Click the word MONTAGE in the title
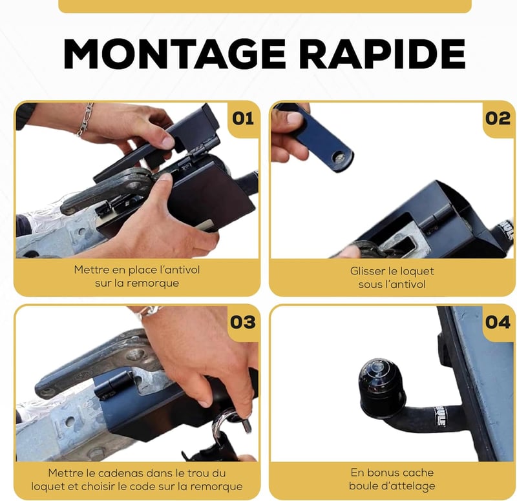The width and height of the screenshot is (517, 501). [174, 54]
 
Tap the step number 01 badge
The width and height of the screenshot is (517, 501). [243, 119]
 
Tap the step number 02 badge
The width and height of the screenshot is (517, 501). [498, 119]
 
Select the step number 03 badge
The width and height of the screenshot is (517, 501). [243, 322]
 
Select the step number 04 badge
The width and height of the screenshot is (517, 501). [498, 322]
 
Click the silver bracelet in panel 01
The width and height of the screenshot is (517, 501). [85, 119]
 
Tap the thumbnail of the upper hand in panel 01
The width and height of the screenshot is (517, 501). [169, 142]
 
